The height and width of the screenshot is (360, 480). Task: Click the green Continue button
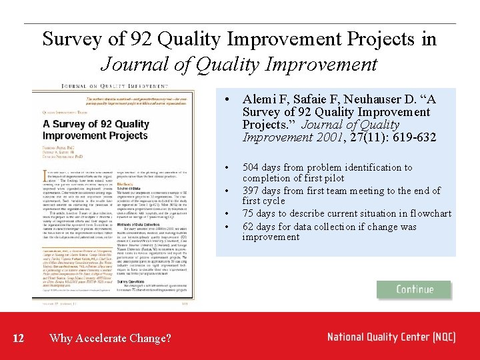click(414, 289)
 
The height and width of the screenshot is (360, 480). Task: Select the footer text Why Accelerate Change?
click(110, 339)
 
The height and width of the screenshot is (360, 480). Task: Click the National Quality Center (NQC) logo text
click(391, 337)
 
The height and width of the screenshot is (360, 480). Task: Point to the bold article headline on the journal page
click(95, 129)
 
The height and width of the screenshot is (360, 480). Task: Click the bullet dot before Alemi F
click(229, 100)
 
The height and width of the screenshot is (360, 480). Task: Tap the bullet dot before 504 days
click(229, 168)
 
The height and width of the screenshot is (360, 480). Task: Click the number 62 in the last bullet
click(248, 227)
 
